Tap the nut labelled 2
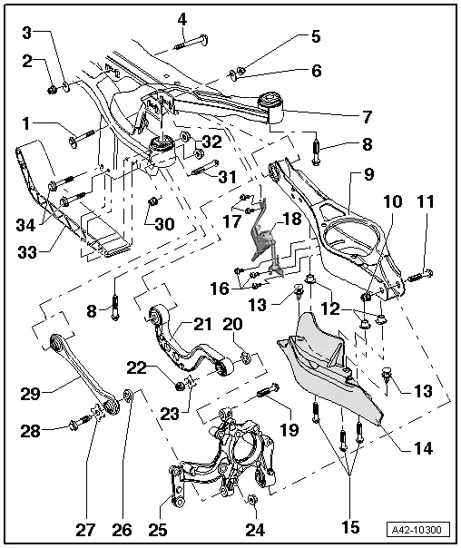(53, 88)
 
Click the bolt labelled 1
(77, 140)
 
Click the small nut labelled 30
(154, 200)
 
